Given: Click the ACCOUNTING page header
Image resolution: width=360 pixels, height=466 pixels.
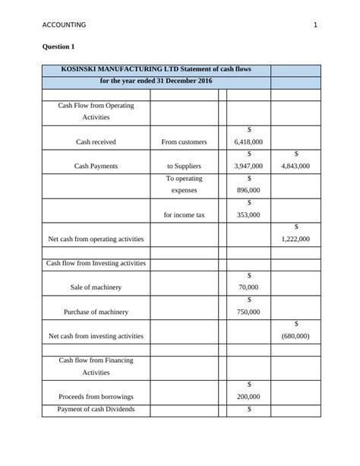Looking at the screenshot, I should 65,25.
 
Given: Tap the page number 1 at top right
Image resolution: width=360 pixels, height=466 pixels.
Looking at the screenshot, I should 314,25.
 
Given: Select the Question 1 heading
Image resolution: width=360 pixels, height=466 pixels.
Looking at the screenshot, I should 61,47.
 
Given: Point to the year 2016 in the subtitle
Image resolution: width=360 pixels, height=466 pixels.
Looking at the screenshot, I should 203,81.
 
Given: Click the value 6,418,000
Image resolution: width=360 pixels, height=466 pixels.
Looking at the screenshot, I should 248,142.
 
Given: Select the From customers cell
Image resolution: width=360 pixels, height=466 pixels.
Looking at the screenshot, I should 184,142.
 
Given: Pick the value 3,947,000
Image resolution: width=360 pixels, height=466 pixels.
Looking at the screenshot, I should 248,166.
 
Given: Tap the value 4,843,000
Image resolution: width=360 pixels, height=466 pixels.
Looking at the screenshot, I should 295,166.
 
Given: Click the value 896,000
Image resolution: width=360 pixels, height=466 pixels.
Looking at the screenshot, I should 248,190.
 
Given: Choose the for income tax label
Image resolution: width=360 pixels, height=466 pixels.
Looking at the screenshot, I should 184,214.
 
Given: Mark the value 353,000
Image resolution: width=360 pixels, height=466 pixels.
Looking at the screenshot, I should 248,214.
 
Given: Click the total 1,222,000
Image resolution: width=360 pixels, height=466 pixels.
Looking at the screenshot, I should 295,239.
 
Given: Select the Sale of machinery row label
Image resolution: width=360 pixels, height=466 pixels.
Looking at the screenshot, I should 96,287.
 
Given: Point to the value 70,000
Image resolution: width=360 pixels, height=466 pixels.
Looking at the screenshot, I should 248,287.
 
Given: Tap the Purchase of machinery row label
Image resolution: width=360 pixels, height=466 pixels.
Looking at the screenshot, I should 96,312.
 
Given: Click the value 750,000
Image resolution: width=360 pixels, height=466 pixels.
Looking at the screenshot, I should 248,312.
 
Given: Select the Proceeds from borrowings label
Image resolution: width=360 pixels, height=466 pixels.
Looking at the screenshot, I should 96,397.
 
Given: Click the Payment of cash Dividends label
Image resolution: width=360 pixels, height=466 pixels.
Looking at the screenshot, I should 96,410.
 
